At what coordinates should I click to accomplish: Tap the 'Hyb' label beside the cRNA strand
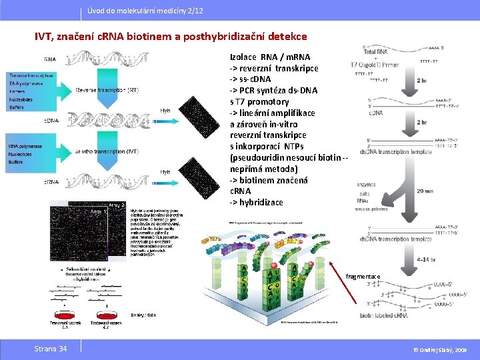coord(165,172)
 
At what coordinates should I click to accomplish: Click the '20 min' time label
coord(423,191)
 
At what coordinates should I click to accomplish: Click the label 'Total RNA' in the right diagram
coord(375,51)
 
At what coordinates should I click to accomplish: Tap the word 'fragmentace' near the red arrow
coord(363,277)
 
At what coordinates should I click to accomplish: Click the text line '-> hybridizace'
coord(256,202)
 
